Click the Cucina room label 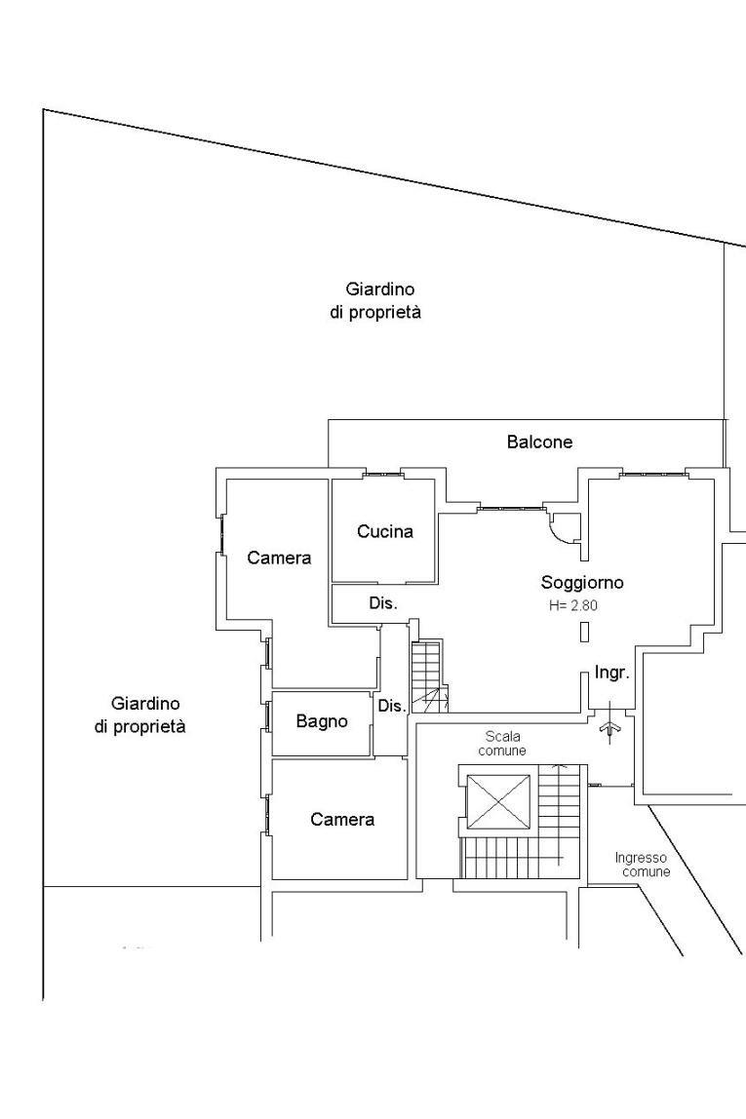coord(385,531)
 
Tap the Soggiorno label coord(582,582)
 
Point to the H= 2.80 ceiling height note coord(573,606)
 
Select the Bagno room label coord(322,721)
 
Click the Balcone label coord(539,442)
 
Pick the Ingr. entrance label coord(611,673)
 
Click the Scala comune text coord(502,743)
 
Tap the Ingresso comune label coord(642,865)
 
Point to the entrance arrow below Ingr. coord(610,724)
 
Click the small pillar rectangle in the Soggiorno coord(585,633)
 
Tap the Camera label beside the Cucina coord(279,559)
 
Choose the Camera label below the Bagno coord(342,819)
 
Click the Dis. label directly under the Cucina coord(383,603)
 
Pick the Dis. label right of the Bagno coord(392,707)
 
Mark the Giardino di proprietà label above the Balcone coord(375,300)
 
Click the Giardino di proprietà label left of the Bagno coord(139,715)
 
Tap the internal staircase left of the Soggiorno coord(430,676)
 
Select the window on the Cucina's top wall coord(381,474)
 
